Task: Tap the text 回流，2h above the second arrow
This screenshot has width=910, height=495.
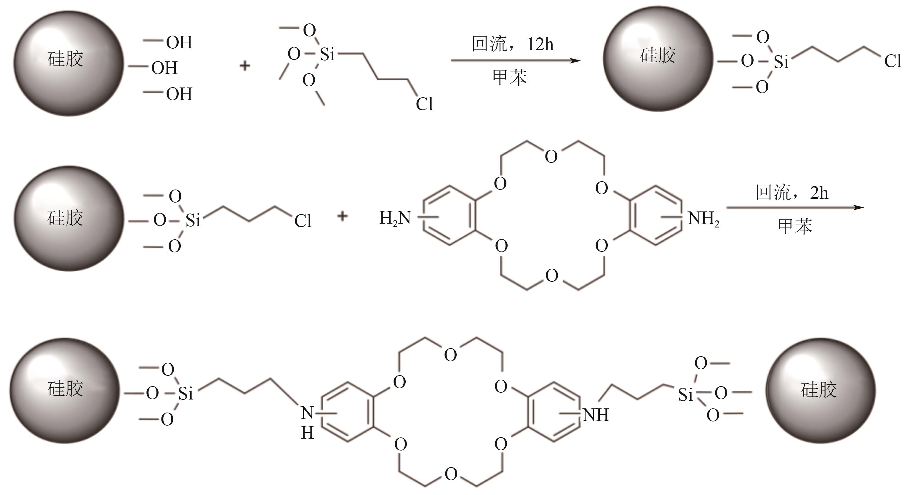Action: (x=792, y=193)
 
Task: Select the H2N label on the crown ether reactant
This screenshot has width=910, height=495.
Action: (x=395, y=218)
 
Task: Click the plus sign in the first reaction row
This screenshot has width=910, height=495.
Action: (x=245, y=66)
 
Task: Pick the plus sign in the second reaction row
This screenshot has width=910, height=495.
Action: (x=342, y=216)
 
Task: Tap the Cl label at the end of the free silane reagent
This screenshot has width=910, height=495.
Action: (x=424, y=104)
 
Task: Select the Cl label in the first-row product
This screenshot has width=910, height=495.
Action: (x=893, y=61)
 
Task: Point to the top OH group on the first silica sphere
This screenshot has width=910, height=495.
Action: (x=179, y=42)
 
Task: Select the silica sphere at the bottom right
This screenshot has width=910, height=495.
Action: (x=821, y=390)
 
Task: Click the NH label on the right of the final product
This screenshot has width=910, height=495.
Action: (x=596, y=415)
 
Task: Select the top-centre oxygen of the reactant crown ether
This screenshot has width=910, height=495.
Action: (x=551, y=156)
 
